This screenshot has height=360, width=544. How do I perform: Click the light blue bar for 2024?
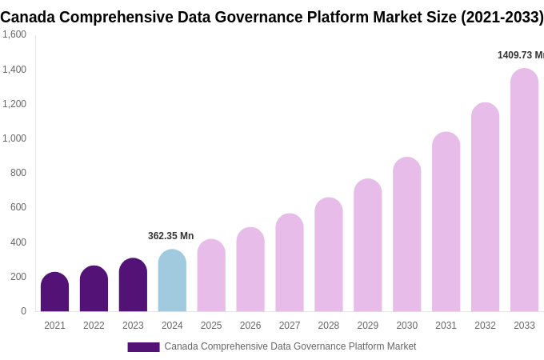[x=172, y=281]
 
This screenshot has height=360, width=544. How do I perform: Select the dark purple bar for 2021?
[x=54, y=292]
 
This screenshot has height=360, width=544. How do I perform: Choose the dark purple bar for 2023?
[x=133, y=285]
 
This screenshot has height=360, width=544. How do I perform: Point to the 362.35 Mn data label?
[x=170, y=236]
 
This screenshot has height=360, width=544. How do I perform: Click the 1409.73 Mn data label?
[x=520, y=55]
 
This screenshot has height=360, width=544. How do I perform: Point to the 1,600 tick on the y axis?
[x=14, y=34]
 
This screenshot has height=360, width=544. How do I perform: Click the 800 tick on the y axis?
[x=18, y=173]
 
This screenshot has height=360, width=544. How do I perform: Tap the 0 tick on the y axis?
[x=23, y=311]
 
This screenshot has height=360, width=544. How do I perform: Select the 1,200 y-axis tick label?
[x=14, y=104]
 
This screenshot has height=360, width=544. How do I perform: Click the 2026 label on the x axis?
[x=250, y=326]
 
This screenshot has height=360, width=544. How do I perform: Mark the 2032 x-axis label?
[x=485, y=326]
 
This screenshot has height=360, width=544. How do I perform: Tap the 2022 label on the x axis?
[x=94, y=326]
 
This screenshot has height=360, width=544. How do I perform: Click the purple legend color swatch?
[x=143, y=347]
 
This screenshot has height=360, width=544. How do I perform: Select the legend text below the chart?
[x=290, y=346]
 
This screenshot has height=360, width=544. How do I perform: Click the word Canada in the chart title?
[x=27, y=17]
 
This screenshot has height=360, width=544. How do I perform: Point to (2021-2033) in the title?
[x=502, y=17]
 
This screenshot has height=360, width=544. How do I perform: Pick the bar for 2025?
[x=211, y=275]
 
